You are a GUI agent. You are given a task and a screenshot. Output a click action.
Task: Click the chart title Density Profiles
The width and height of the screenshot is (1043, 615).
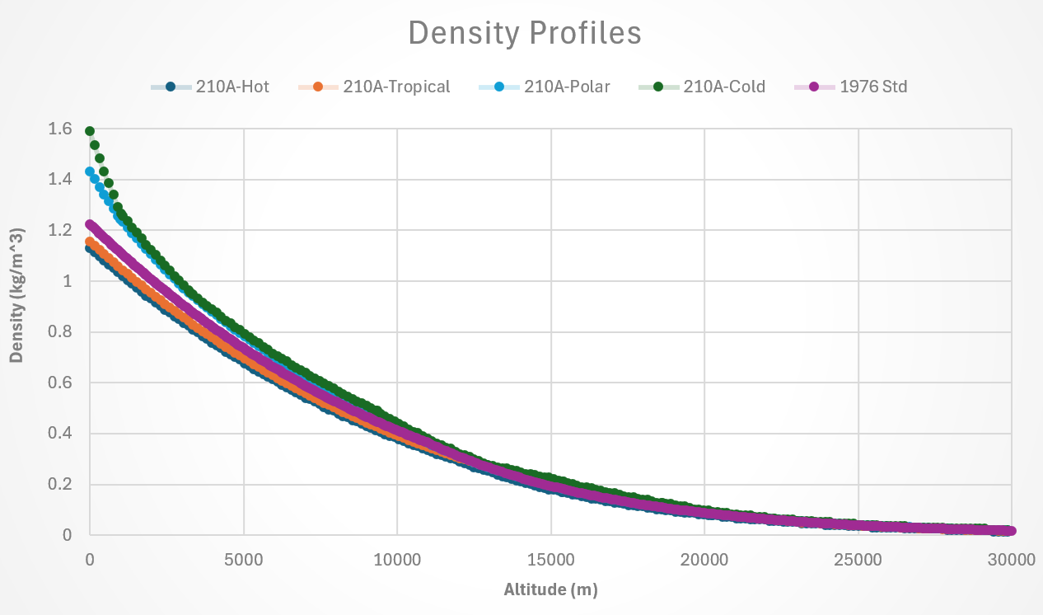pos(525,33)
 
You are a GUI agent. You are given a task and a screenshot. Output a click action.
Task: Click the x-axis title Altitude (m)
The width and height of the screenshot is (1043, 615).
pos(550,589)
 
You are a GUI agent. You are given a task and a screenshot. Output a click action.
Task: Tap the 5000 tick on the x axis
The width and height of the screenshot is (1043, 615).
pos(244,560)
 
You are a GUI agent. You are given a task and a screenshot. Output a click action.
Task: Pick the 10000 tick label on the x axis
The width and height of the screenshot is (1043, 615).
pos(397,560)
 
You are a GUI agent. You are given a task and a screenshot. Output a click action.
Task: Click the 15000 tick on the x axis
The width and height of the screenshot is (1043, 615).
pos(551,560)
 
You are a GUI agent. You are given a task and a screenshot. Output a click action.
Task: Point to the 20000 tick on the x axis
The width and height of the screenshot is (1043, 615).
pos(704,560)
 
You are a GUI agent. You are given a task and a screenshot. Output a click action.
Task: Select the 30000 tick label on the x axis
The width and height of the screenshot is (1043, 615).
pos(1012,560)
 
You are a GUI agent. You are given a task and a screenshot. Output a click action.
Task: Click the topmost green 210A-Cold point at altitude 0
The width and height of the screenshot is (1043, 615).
pos(90,131)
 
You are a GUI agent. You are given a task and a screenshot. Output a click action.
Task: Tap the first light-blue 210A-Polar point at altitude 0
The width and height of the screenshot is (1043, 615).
pos(90,171)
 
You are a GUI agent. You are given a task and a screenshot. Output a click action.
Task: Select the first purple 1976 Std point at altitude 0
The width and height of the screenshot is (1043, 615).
pos(90,224)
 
